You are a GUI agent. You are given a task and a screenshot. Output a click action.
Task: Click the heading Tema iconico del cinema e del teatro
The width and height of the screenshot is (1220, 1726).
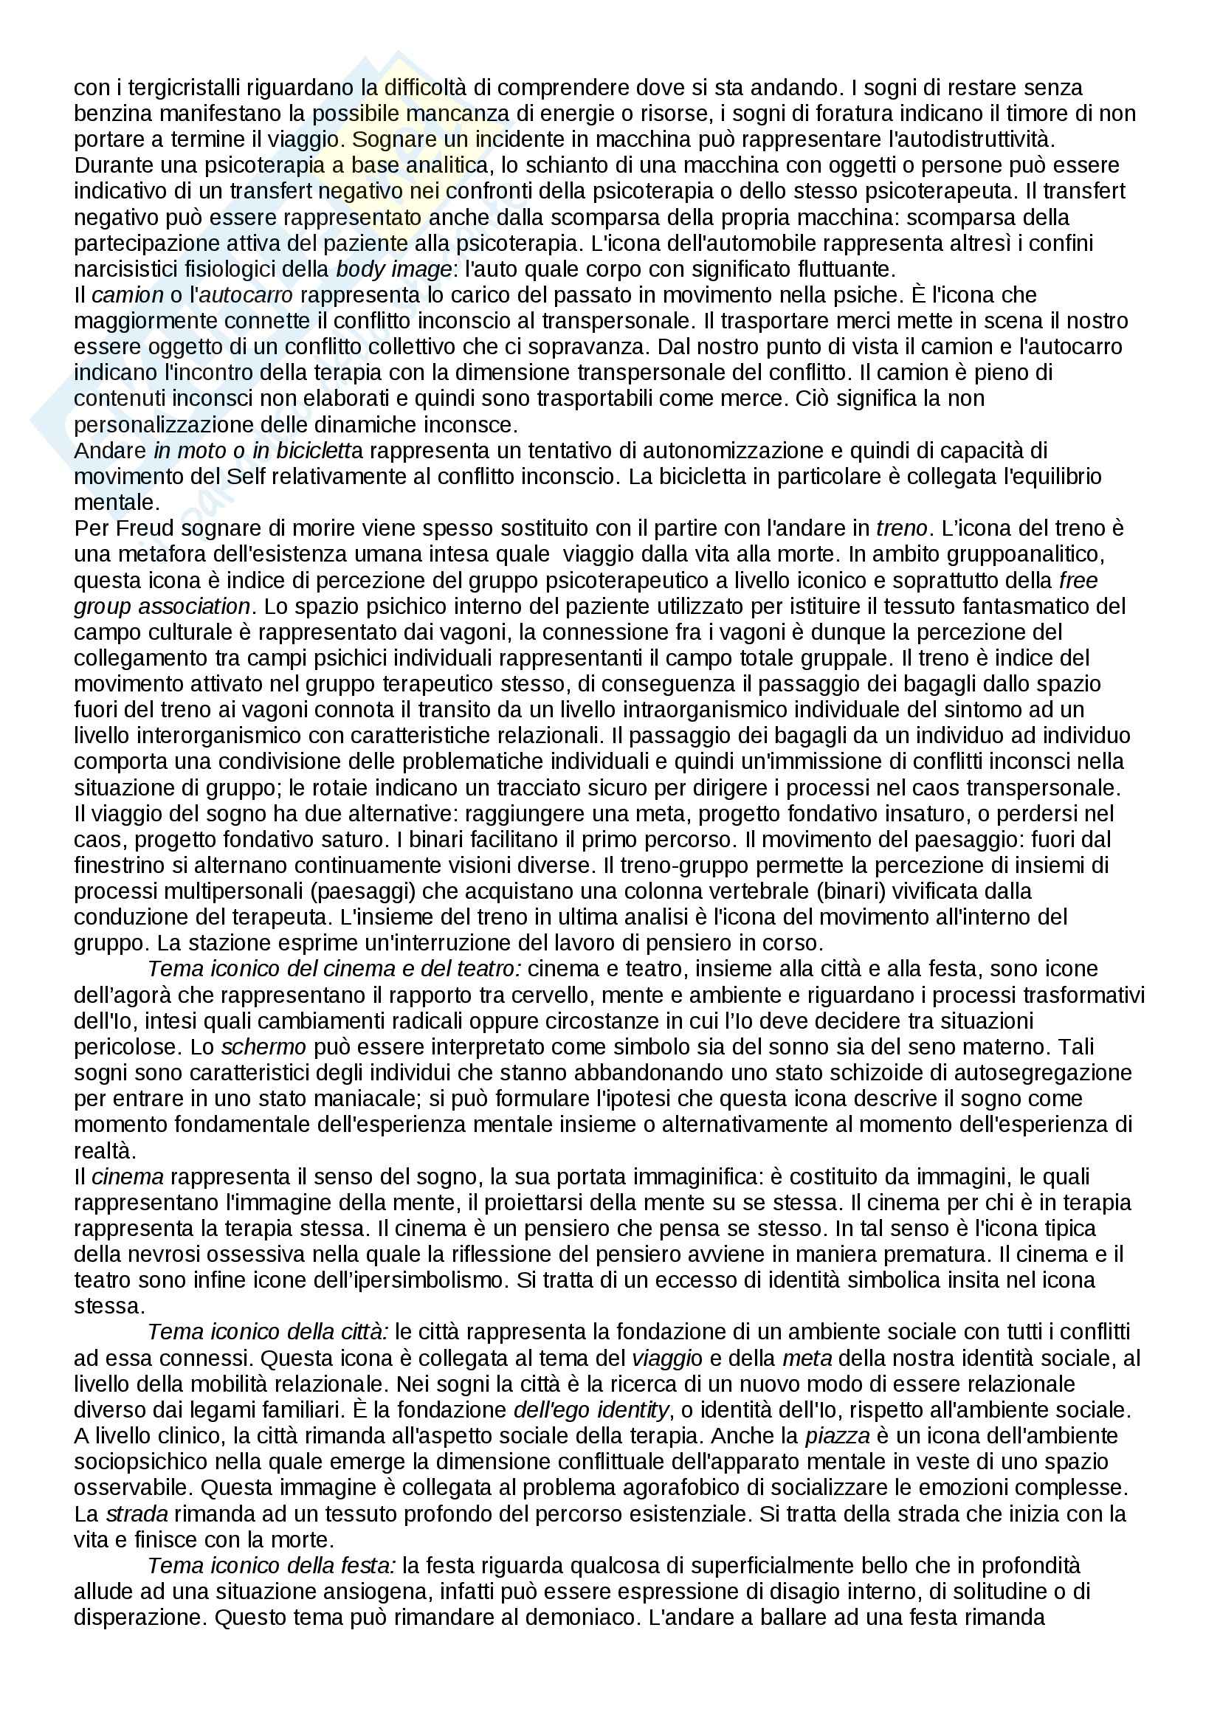334,968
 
